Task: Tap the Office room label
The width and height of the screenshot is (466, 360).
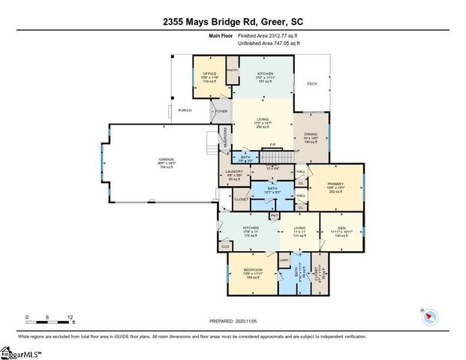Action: (x=209, y=73)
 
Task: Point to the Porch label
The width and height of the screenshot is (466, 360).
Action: (x=185, y=110)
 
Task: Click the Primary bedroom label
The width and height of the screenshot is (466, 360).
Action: (x=335, y=185)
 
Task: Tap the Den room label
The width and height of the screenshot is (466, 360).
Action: (x=342, y=228)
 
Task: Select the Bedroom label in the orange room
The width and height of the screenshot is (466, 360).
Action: (x=254, y=269)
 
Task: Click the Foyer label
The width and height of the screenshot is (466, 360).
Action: (x=221, y=111)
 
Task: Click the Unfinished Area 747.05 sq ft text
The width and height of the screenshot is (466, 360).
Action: (x=269, y=43)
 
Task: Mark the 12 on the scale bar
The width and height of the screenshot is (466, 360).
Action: (x=70, y=317)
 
